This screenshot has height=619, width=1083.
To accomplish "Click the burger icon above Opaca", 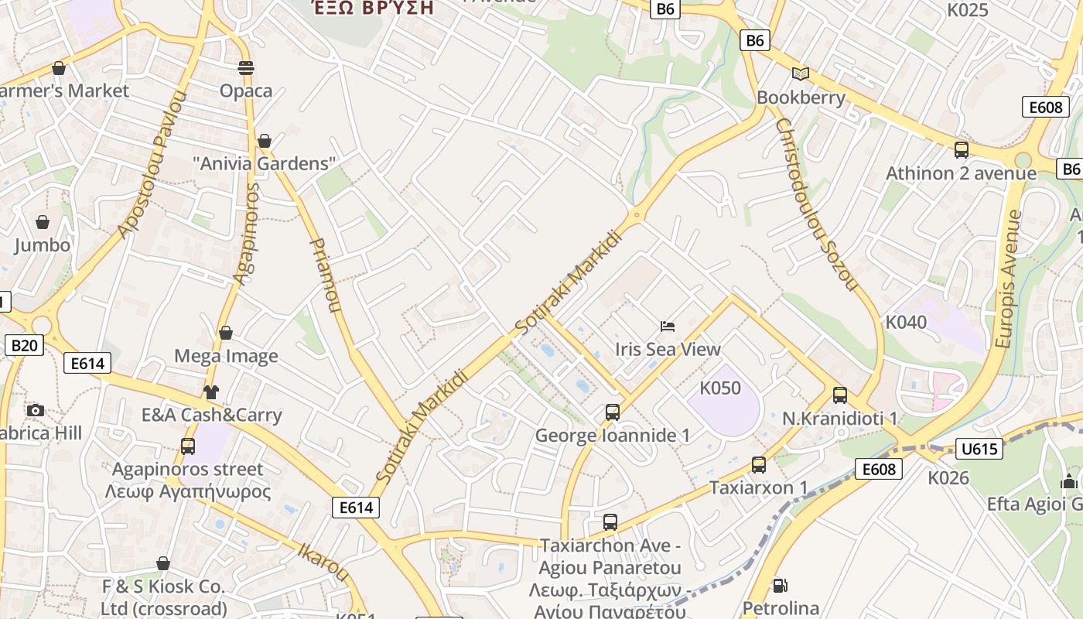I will [246, 68].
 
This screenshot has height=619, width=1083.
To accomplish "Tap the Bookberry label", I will [801, 98].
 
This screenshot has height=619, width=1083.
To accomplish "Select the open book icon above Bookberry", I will [801, 74].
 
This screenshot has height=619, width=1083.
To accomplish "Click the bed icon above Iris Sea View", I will [668, 326].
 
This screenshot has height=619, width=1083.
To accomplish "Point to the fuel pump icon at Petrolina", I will [781, 586].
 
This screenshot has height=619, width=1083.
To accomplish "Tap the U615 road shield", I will [979, 449].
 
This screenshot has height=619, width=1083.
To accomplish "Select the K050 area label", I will [719, 388].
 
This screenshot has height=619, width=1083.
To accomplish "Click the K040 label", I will [906, 322].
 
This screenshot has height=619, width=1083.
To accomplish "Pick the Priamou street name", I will [325, 275].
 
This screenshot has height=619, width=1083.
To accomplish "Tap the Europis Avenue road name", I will [1008, 279].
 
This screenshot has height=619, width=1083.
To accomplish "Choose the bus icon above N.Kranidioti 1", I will [840, 395].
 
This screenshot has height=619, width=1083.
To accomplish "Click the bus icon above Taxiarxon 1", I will [759, 465].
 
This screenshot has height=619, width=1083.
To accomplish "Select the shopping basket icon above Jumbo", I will [43, 222].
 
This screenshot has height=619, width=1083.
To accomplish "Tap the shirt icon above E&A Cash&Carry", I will [211, 392].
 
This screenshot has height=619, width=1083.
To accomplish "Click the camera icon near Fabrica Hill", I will [35, 410].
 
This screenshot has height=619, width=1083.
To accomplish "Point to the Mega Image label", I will [226, 356].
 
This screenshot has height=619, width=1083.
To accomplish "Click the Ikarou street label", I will [324, 561].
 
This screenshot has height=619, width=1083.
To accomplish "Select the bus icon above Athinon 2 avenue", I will [962, 150].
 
